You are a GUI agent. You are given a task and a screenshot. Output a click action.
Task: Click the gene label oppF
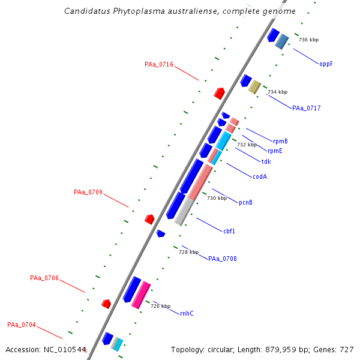click(x=326, y=64)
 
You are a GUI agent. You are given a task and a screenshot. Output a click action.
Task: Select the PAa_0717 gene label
click(x=306, y=109)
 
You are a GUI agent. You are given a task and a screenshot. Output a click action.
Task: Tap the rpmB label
click(x=280, y=142)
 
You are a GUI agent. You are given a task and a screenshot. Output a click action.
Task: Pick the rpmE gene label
click(x=275, y=151)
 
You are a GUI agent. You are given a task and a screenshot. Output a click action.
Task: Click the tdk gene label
click(x=266, y=161)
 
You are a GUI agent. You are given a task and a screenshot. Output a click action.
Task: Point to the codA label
click(x=260, y=176)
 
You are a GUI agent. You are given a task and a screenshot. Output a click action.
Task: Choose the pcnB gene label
click(x=245, y=203)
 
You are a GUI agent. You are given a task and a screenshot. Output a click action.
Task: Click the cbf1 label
click(x=229, y=231)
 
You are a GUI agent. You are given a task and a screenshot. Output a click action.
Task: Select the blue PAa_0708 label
click(x=222, y=259)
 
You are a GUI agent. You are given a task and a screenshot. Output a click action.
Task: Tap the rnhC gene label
click(x=187, y=313)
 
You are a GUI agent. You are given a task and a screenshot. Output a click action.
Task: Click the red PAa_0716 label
click(x=159, y=65)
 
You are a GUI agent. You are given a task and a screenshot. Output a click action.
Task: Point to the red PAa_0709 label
click(x=88, y=193)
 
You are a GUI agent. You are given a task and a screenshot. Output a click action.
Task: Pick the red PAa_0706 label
click(x=44, y=278)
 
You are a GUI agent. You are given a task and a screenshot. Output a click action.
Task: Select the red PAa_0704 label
click(x=22, y=325)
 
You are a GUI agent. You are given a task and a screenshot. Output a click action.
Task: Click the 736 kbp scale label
click(x=308, y=40)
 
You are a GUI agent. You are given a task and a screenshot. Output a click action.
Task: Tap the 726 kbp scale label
click(x=160, y=306)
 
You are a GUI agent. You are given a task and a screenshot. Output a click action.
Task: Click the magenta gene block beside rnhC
click(x=141, y=294)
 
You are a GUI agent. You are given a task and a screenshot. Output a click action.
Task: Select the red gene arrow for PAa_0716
click(x=219, y=93)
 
